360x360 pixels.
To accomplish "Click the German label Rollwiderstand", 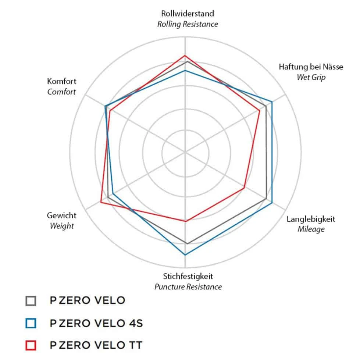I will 187,14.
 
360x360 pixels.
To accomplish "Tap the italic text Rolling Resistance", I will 187,24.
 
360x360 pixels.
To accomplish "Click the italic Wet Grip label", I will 311,77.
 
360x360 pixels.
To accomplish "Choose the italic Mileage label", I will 311,229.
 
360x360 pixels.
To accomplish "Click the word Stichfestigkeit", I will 188,276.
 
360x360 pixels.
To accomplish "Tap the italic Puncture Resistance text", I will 188,287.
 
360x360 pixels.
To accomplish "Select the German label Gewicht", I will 61,215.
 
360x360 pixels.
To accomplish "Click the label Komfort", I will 61,81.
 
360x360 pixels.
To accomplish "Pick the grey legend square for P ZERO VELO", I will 31,301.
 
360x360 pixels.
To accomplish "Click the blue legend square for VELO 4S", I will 31,323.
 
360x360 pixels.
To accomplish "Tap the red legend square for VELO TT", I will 31,346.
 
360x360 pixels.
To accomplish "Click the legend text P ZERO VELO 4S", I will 96,323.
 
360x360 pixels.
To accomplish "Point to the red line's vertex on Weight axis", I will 101,202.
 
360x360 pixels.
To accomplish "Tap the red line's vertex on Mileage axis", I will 244,188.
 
